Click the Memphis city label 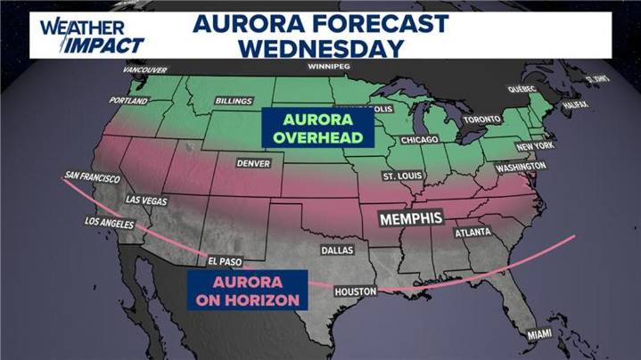tap(410, 217)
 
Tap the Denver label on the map tap(252, 163)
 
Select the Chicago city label tap(419, 141)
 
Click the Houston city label tap(356, 291)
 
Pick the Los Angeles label tap(110, 221)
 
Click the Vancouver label tap(144, 70)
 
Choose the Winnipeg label tap(327, 67)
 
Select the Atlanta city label tap(473, 233)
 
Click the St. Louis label tap(402, 176)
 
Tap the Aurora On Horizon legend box tap(243, 290)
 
